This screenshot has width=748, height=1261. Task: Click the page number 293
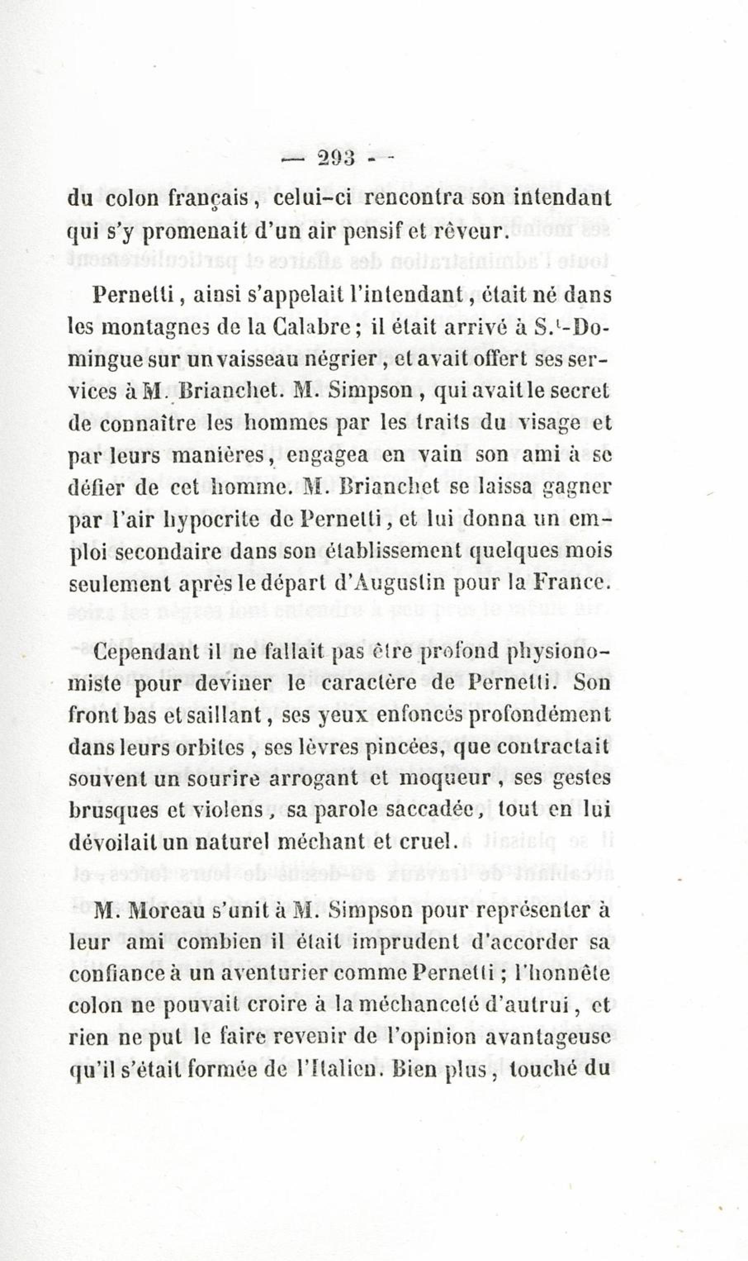(336, 160)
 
